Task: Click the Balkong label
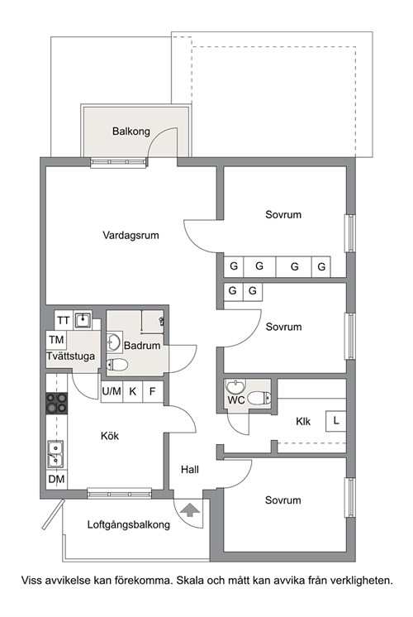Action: click(131, 131)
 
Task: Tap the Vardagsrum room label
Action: click(131, 236)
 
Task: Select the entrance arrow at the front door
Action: click(191, 509)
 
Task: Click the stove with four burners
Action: click(57, 404)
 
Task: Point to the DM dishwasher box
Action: click(57, 479)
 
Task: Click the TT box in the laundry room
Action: click(64, 320)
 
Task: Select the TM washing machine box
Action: click(56, 340)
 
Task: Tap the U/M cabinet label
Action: click(112, 391)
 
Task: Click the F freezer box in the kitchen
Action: click(153, 391)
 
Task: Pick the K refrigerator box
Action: click(133, 391)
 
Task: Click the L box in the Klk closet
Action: click(336, 421)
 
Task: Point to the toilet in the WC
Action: click(259, 398)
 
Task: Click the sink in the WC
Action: click(235, 387)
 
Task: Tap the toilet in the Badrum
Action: click(117, 365)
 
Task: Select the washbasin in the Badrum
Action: click(113, 342)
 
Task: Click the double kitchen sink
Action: click(55, 454)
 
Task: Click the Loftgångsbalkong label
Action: click(129, 524)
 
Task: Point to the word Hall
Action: click(190, 470)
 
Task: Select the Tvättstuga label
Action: click(71, 356)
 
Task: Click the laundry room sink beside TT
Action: click(83, 319)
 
